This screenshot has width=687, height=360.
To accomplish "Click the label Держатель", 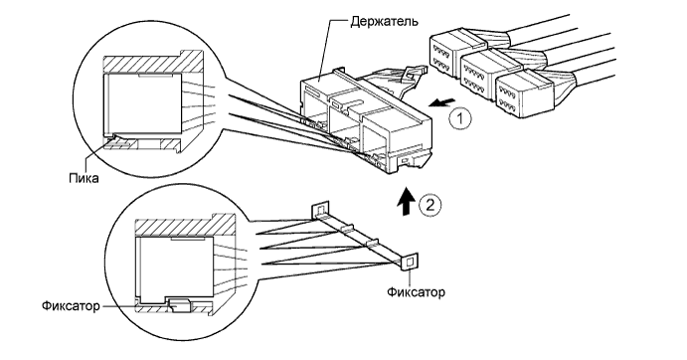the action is point(384,21).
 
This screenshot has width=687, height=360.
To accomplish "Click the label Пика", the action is point(84,178).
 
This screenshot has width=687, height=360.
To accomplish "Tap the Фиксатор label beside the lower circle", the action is point(71,305).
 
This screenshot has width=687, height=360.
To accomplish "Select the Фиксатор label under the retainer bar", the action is point(416,291).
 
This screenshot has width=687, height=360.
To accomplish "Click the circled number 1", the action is point(460,118).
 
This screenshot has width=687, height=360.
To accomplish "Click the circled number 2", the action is point(430,205).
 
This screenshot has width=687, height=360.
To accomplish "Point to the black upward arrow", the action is point(408,201).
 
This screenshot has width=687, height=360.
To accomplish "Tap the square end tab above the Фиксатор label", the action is point(410,262).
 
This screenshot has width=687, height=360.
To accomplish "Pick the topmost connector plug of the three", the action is point(455,53).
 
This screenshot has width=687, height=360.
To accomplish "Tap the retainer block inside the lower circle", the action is point(179,305).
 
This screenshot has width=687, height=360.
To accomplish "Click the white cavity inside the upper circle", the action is point(142,103).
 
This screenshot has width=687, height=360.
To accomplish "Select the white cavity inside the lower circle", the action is point(175,267).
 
